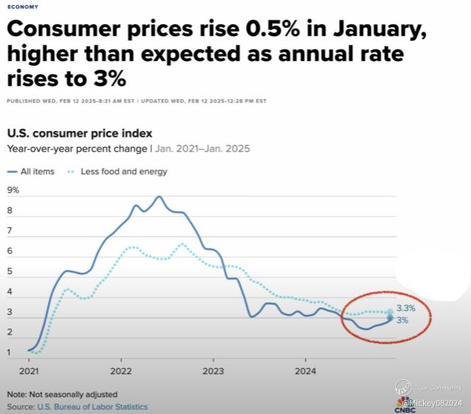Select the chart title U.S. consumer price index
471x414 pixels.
point(79,133)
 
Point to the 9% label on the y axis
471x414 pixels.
point(13,190)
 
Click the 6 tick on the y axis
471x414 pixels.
point(10,251)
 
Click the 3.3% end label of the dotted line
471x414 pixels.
point(406,309)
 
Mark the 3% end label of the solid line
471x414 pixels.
point(402,321)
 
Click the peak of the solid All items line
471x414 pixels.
point(159,196)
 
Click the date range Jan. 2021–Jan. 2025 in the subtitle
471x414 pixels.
point(204,149)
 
